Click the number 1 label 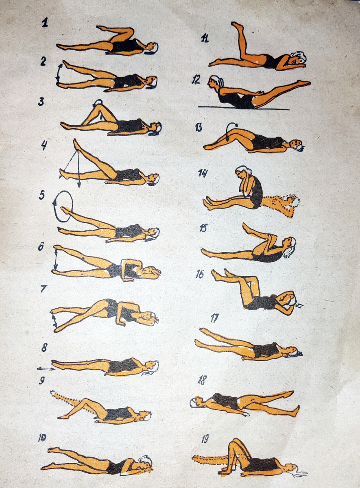pos(44,23)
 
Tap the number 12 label pos(196,80)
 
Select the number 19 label pos(205,432)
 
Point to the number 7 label pos(44,289)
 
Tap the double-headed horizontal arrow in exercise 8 pos(46,368)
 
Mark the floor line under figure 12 pos(244,108)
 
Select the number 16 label pos(200,274)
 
